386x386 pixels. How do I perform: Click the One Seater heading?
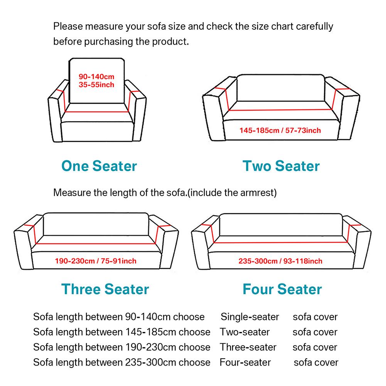point(99,166)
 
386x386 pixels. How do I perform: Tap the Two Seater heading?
point(281,166)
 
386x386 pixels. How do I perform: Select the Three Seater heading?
point(105,289)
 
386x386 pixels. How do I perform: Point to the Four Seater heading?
point(282,289)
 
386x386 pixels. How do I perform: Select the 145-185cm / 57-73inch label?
point(280,130)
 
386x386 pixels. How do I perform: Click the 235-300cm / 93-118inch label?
point(280,261)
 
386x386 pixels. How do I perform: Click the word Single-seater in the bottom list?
point(249,317)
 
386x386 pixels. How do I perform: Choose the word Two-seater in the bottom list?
point(244,332)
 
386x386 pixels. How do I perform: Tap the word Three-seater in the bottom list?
point(248,347)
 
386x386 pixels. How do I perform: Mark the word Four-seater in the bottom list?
point(245,362)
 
